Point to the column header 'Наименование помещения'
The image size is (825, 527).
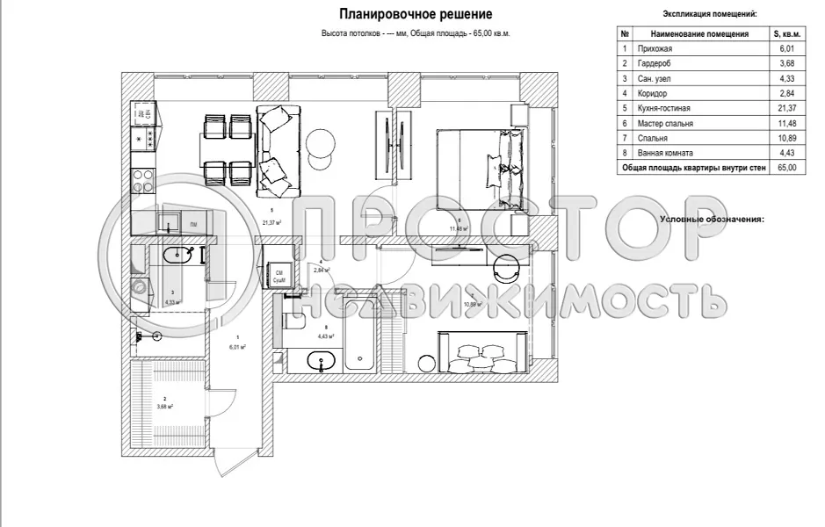coord(699,34)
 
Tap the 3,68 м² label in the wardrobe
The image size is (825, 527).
coord(164,406)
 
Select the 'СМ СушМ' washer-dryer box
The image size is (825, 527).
coord(280,276)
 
